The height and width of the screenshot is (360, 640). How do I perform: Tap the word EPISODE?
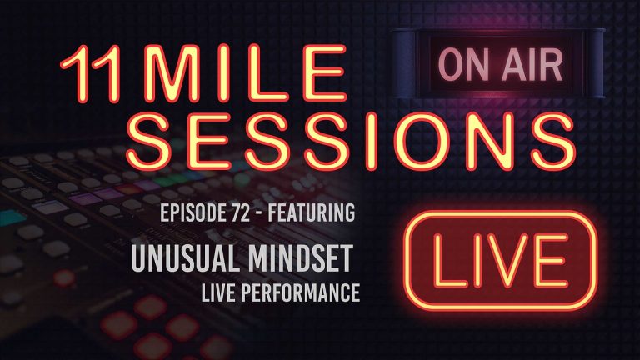[x=181, y=214]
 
